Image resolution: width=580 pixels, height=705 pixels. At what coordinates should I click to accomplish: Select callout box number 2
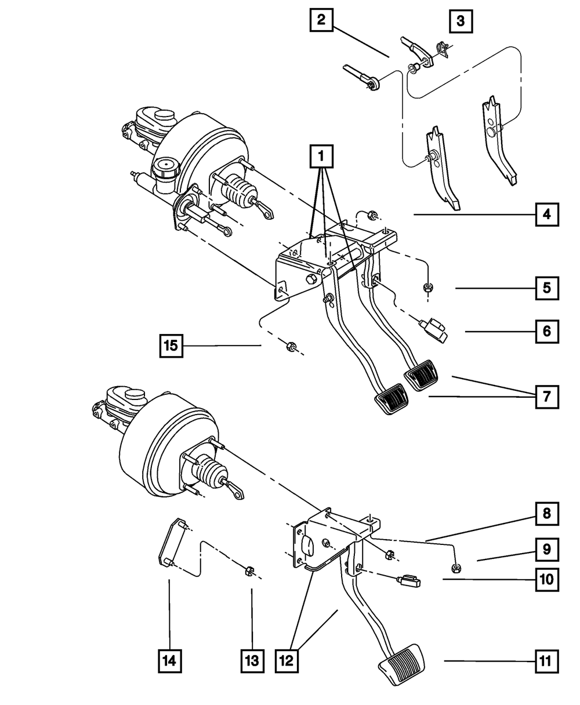point(321,21)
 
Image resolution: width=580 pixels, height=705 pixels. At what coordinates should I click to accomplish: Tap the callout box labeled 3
point(460,22)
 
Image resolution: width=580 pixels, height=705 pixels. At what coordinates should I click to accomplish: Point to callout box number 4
point(547,215)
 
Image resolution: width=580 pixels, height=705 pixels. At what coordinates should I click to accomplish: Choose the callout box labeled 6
point(547,332)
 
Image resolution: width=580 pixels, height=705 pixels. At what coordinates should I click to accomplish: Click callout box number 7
point(547,397)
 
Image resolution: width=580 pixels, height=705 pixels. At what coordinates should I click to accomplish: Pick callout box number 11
point(547,661)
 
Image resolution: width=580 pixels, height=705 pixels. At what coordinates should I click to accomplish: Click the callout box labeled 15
point(172,347)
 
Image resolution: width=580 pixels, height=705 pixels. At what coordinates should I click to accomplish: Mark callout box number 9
point(547,548)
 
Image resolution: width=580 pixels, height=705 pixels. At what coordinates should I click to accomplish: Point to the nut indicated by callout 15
point(289,347)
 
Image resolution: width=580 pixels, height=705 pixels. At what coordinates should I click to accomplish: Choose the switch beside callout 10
point(408,580)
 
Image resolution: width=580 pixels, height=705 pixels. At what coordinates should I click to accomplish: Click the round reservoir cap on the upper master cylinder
point(166,170)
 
